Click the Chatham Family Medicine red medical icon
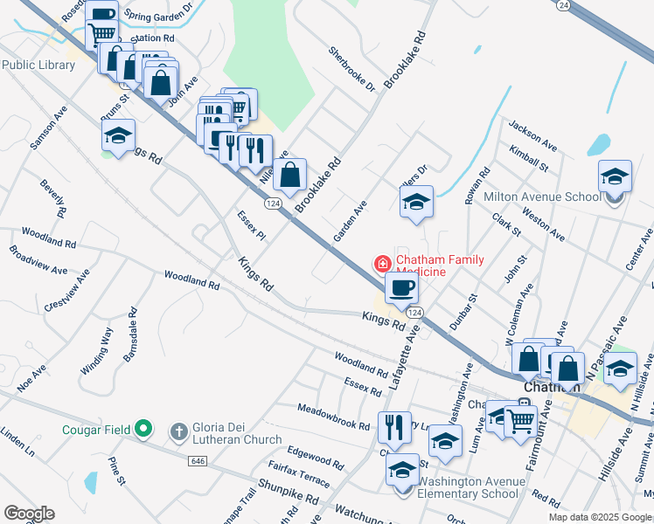(382, 263)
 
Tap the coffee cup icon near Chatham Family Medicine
(401, 288)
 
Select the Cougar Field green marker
(144, 430)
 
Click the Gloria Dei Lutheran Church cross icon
(178, 431)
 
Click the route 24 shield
(564, 5)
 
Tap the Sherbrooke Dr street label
(351, 70)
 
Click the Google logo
(29, 514)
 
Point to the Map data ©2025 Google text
(600, 517)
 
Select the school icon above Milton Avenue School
(615, 176)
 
